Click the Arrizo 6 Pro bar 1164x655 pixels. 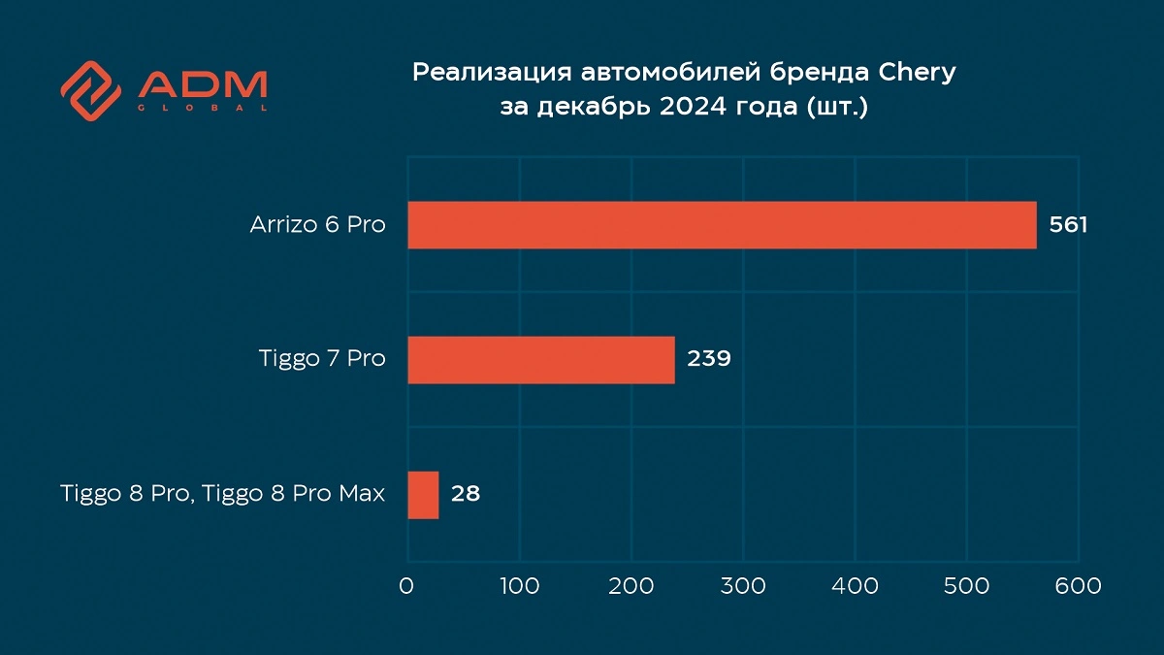(722, 225)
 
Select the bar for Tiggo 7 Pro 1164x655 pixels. (540, 359)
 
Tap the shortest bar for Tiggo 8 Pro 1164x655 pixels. (423, 495)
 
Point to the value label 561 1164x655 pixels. (1069, 225)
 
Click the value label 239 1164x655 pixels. (708, 359)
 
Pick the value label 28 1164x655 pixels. (465, 495)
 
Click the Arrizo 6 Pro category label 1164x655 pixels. (317, 225)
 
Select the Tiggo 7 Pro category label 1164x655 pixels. (322, 359)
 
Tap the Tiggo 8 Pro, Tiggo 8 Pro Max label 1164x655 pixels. (222, 495)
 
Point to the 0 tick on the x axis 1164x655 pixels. (407, 586)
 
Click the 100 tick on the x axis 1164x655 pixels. (520, 586)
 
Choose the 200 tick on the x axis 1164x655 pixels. (631, 586)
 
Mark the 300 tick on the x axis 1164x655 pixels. (744, 586)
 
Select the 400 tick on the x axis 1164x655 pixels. (856, 586)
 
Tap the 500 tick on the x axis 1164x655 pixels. (967, 586)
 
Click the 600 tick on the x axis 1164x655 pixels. (1079, 586)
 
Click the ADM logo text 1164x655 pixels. (202, 84)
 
